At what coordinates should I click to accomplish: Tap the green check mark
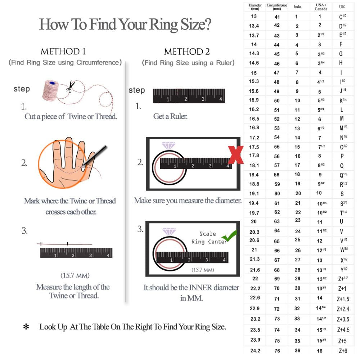[x=229, y=236]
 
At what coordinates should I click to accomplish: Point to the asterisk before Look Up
[x=26, y=327]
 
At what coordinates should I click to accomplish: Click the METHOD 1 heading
[x=63, y=51]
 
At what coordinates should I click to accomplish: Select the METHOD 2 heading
[x=187, y=51]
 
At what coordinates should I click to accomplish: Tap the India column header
[x=297, y=7]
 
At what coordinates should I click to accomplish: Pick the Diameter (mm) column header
[x=255, y=7]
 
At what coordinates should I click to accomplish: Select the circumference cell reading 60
[x=277, y=194]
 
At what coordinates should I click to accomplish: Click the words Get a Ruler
[x=170, y=117]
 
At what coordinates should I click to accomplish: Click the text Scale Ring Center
[x=208, y=238]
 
